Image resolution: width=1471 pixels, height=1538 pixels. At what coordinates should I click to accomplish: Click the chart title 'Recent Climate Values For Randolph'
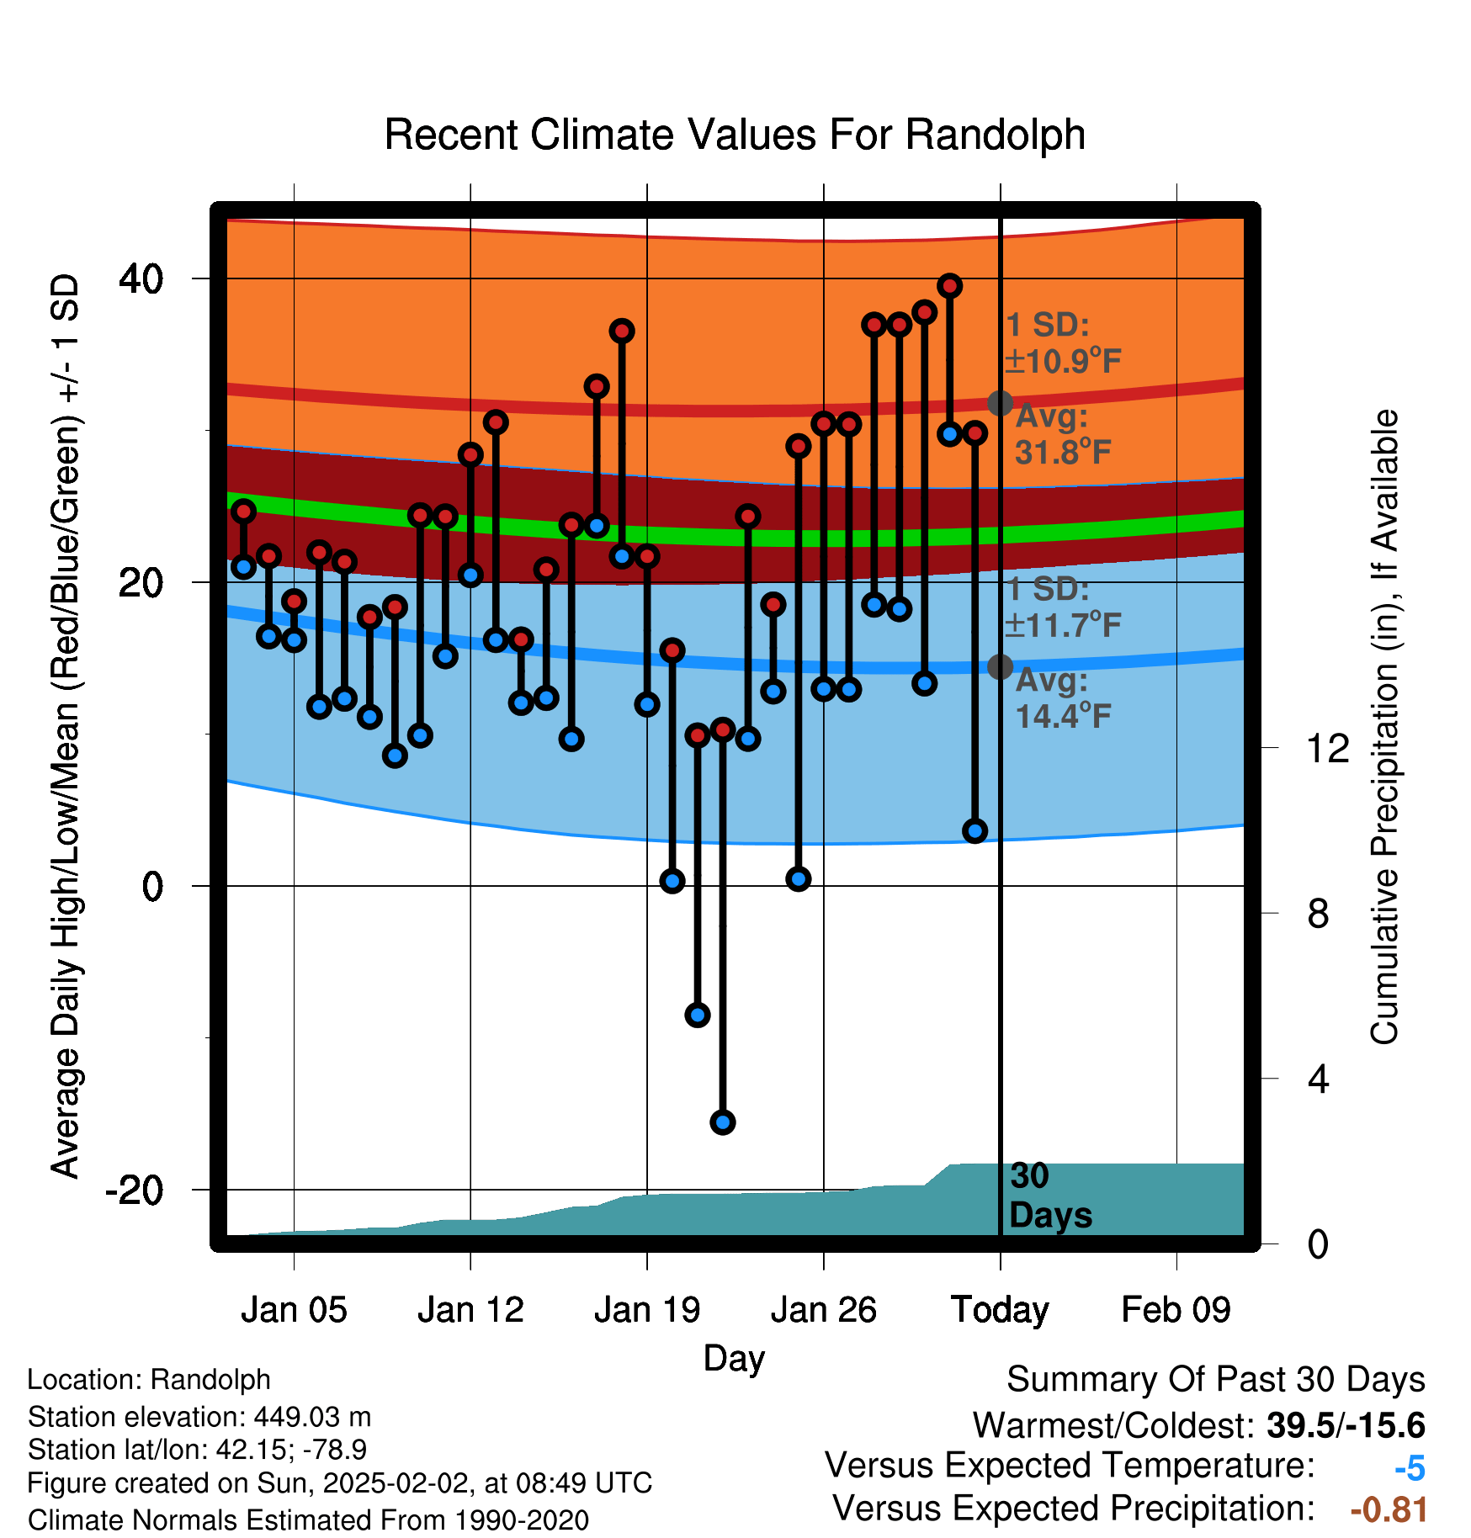[734, 135]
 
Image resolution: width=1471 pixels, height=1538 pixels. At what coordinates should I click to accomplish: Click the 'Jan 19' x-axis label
[647, 1310]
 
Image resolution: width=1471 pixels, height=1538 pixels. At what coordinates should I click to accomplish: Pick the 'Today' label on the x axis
[1000, 1310]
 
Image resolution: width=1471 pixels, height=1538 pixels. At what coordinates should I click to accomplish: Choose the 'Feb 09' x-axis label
[1176, 1310]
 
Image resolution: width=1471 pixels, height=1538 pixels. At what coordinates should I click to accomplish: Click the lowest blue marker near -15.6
[723, 1122]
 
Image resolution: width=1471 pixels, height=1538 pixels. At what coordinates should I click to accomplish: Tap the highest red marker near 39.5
[950, 286]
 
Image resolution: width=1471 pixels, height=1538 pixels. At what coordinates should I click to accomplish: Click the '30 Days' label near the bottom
[1050, 1196]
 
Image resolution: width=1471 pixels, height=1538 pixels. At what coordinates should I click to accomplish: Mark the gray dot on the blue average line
[1000, 666]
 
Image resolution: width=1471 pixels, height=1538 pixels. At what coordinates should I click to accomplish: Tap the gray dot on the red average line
[1000, 403]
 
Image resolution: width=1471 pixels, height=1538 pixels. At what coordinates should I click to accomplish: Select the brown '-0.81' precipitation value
[1389, 1510]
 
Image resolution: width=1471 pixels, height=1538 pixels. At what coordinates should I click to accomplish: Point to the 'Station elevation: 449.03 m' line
[199, 1417]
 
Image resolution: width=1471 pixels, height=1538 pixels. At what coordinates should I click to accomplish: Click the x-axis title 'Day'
[734, 1359]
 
